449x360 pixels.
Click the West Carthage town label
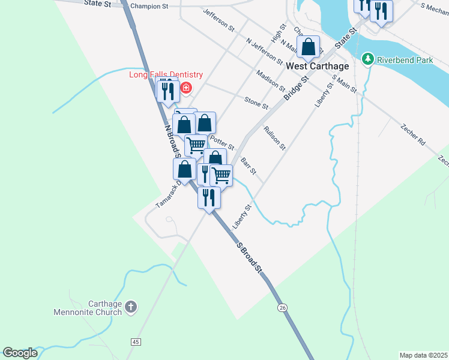coord(309,66)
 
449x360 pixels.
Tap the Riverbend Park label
coord(397,59)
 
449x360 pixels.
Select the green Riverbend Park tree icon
coord(368,59)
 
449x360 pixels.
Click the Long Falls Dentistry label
coord(166,75)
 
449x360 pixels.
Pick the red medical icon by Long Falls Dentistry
coord(185,89)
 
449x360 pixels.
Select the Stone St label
coord(256,102)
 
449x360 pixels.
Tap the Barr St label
coord(249,167)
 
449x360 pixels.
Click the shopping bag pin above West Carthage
coord(309,47)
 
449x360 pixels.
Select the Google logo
coord(20,353)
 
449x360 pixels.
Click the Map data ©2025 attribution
coord(423,355)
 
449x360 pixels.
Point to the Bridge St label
coord(297,88)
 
